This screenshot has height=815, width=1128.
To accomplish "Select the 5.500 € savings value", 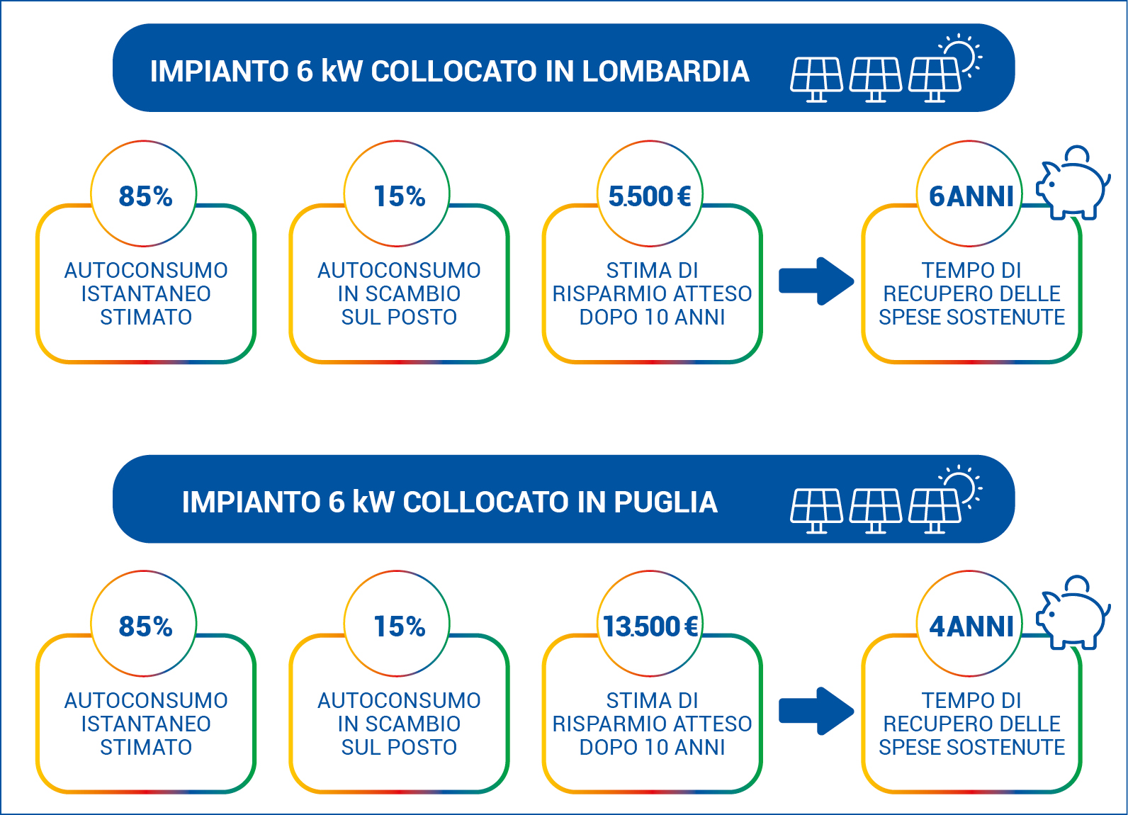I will tap(650, 196).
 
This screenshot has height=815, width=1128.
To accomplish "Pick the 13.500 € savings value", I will tap(650, 626).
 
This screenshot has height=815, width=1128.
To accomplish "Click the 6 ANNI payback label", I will tap(971, 196).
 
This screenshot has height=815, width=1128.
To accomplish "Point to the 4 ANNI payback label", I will tap(971, 626).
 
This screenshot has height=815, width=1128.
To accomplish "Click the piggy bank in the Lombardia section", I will tap(1073, 184).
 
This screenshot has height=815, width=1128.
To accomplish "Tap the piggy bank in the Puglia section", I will tap(1073, 614).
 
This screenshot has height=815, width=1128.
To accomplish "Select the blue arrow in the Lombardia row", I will tap(816, 281).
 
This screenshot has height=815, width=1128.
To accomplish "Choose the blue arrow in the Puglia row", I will tap(816, 710).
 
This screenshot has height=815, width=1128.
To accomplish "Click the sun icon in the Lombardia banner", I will tap(962, 54).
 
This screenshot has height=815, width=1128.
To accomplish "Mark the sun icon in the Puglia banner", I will tap(962, 485).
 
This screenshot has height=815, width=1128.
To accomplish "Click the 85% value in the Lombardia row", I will tap(145, 196).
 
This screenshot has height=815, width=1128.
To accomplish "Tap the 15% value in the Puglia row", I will tap(399, 626).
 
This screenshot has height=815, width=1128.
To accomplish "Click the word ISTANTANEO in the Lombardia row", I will tap(146, 293).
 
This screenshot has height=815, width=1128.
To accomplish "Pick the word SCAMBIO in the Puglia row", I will tap(412, 724).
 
